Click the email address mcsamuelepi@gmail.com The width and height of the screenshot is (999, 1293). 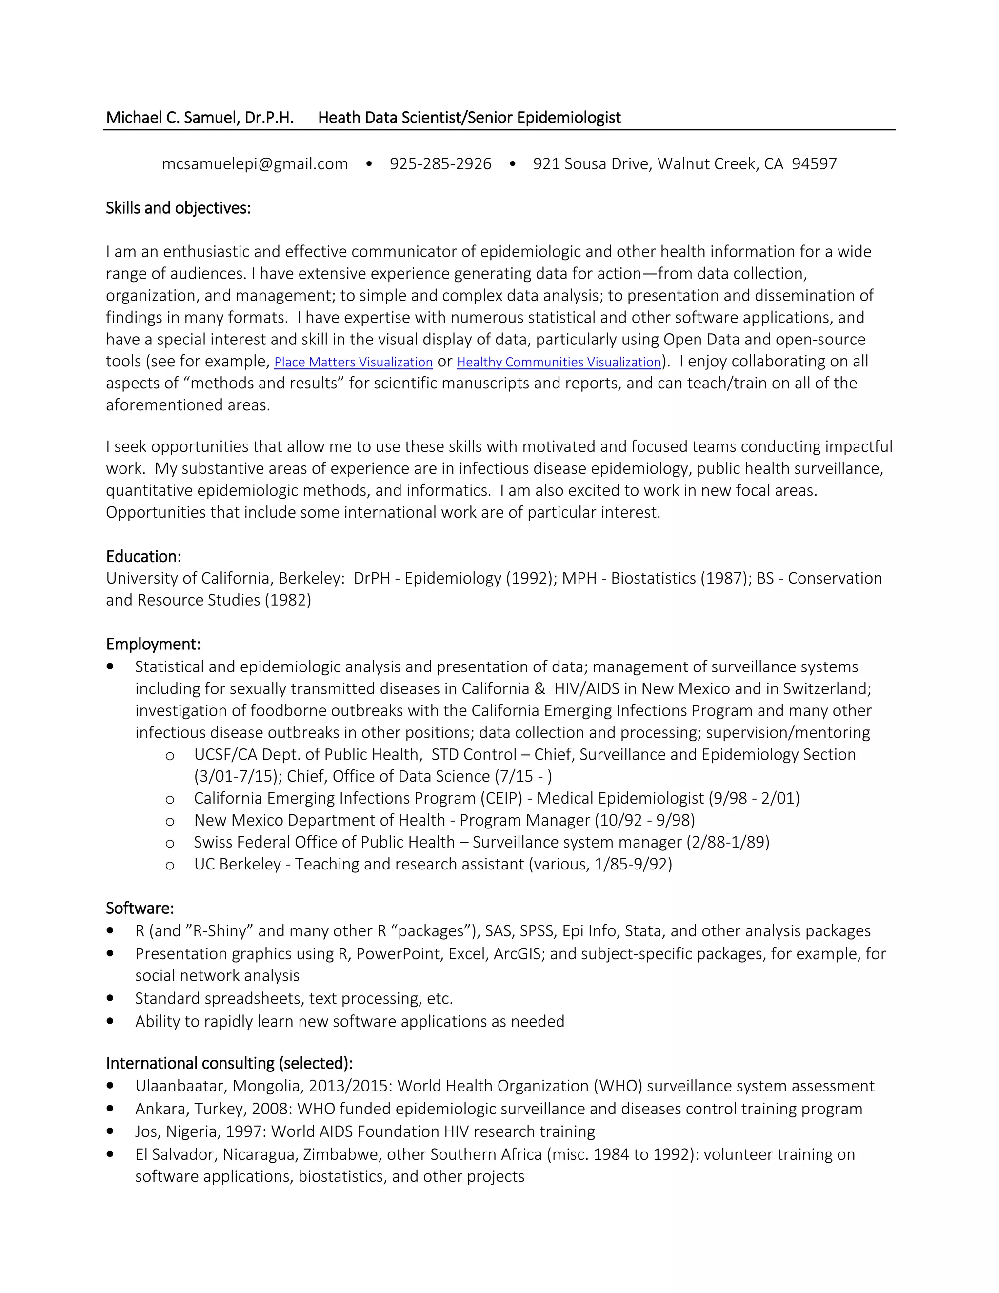pos(255,164)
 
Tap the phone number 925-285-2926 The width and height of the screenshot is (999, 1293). pos(440,164)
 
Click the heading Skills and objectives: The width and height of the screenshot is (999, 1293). pos(178,208)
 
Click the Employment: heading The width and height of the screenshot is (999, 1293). pos(153,644)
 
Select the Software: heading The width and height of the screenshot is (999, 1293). pos(140,908)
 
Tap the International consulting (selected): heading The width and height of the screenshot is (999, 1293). pos(229,1063)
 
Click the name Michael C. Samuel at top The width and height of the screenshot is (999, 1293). pos(172,118)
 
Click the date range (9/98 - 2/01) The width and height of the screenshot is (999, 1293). pos(754,799)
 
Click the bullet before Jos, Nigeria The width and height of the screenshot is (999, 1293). pos(110,1131)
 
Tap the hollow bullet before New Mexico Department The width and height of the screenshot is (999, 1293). pos(170,822)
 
